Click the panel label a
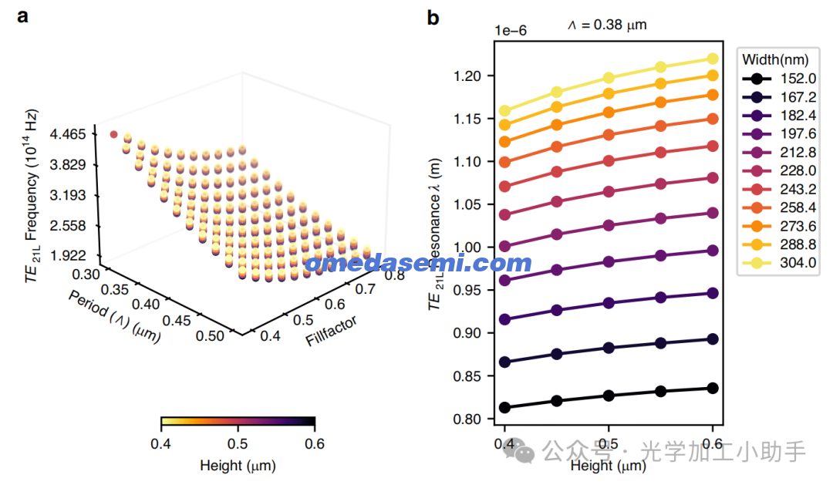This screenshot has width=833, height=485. tap(24, 16)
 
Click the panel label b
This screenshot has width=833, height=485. tap(433, 16)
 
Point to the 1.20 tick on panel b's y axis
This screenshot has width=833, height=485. tap(473, 76)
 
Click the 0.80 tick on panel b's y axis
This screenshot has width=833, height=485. tap(473, 419)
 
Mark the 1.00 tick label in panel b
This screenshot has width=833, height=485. tap(473, 248)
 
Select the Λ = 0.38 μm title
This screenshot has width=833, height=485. tap(607, 25)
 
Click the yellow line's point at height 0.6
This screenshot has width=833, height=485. tap(713, 59)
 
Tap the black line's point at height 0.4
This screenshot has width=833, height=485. tap(504, 407)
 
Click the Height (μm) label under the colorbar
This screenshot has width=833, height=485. tap(238, 466)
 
